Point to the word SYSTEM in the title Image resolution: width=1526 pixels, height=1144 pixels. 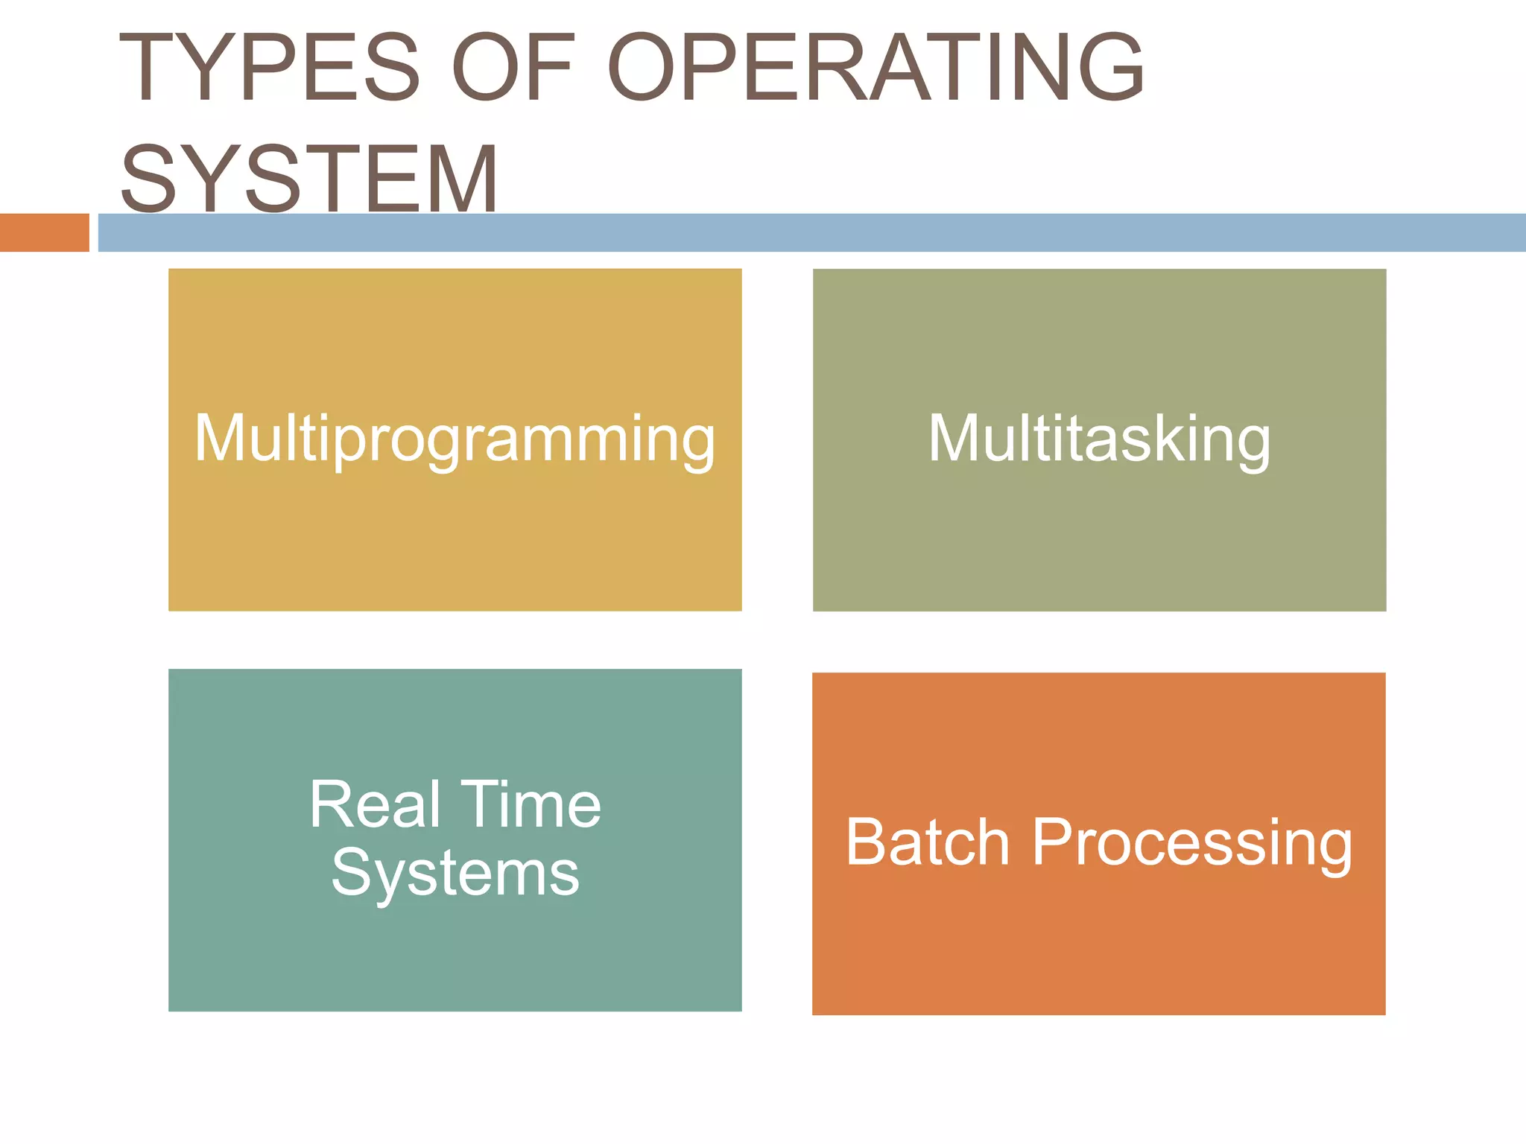[309, 179]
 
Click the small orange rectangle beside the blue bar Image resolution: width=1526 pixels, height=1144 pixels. [44, 232]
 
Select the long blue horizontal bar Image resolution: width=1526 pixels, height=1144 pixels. [811, 232]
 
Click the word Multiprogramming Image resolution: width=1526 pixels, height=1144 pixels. [455, 439]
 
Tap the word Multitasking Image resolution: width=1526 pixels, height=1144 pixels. [1099, 439]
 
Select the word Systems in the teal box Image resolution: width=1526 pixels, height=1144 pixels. [455, 873]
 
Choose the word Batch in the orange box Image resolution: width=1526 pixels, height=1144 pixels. [928, 842]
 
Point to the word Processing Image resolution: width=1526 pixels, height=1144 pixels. [1192, 842]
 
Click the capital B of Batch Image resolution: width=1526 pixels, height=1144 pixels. [864, 842]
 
